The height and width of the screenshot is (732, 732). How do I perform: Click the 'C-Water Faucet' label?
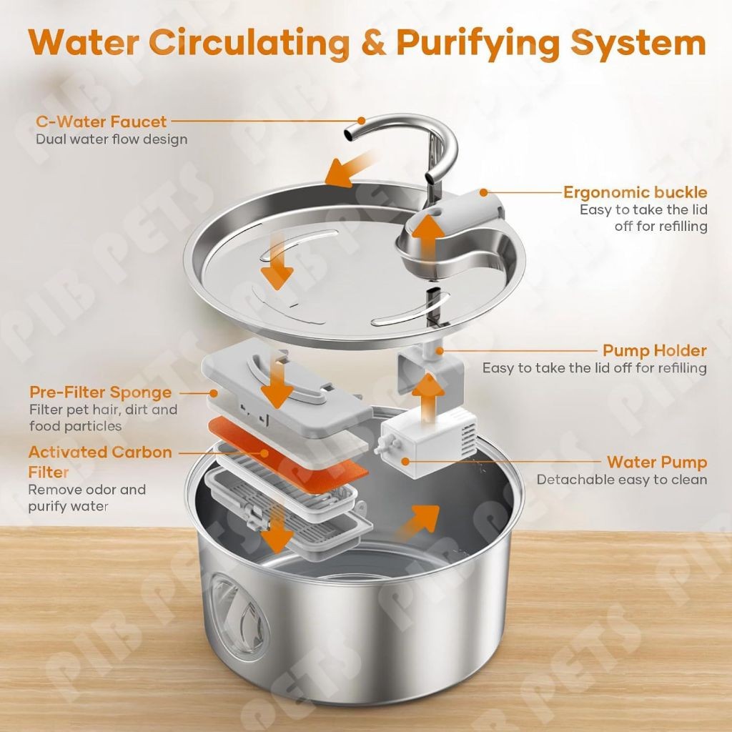(x=101, y=122)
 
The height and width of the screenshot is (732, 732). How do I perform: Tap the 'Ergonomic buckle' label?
(x=635, y=192)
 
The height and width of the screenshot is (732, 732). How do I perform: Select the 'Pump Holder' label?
(x=654, y=351)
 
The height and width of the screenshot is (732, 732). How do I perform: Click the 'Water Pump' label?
(x=656, y=462)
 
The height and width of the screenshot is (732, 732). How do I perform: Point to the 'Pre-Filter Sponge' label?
(x=100, y=392)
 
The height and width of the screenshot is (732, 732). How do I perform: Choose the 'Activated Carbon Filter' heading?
(x=100, y=462)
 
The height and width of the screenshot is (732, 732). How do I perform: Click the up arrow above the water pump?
(x=427, y=395)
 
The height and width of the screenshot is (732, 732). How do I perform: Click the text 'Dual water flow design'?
(x=112, y=139)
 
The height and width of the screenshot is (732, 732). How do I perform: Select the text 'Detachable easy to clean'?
(x=621, y=480)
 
